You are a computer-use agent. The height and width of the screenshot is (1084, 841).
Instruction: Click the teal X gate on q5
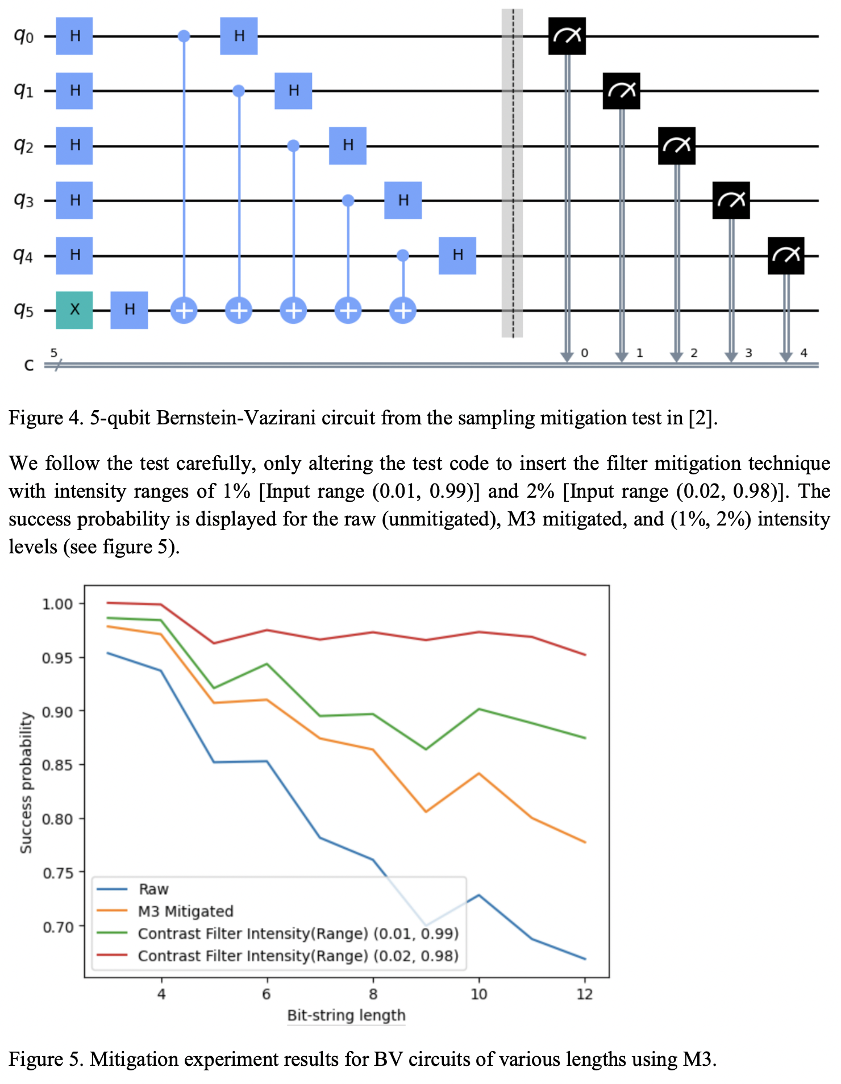pos(74,310)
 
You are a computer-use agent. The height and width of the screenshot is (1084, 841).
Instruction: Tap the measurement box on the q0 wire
pos(567,36)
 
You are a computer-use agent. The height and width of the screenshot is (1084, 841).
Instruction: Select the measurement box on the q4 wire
pos(786,256)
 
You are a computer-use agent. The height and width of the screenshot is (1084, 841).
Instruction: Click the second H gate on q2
pos(348,145)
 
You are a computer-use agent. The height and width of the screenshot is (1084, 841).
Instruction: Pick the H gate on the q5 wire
pos(129,310)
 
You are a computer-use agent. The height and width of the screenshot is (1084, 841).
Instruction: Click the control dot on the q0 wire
pos(184,36)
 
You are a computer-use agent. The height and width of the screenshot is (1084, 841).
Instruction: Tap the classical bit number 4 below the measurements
pos(803,353)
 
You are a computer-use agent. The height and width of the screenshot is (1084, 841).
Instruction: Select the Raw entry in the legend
pos(153,889)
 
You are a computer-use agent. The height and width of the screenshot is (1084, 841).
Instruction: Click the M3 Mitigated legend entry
pos(185,911)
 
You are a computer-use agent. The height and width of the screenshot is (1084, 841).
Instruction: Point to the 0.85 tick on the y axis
pos(57,765)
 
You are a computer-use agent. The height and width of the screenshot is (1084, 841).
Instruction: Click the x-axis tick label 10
pos(478,994)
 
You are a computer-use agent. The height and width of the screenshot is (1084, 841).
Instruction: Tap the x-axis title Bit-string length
pos(346,1015)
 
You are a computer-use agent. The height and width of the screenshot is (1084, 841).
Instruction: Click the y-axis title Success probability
pos(26,783)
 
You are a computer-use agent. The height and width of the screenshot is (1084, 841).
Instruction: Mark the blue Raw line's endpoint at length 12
pos(585,959)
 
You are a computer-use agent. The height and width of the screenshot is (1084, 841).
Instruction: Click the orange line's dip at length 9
pos(426,811)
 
